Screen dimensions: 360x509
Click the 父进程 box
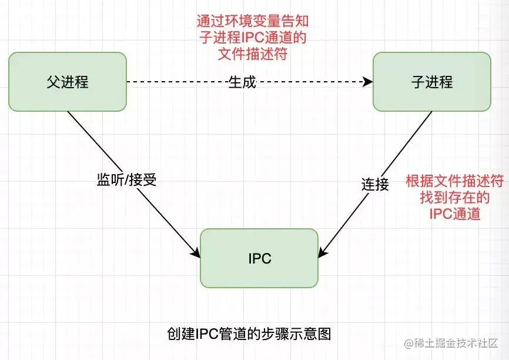68,82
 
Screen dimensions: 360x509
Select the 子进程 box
431,82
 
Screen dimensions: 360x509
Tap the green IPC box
259,258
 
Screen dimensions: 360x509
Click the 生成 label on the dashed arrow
242,82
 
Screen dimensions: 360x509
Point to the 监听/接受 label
126,180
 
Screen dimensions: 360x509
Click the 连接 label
375,184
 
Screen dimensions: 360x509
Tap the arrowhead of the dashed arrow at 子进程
369,82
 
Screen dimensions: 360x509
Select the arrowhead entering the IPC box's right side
322,254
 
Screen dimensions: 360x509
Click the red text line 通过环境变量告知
252,22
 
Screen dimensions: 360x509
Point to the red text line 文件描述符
252,55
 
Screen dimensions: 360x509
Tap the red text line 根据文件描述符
454,181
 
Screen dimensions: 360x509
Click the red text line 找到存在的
454,198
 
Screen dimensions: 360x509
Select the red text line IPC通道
454,214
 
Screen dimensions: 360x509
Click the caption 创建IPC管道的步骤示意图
249,334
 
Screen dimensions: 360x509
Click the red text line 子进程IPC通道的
252,38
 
